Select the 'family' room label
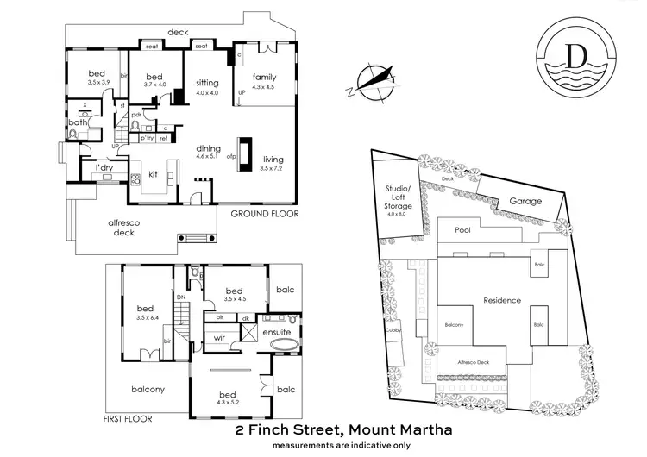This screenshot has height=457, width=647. (264, 77)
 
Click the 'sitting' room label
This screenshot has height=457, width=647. (207, 83)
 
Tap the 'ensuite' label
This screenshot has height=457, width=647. (276, 331)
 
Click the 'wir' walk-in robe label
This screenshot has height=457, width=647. (220, 339)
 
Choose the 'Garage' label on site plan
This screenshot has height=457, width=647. (525, 201)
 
